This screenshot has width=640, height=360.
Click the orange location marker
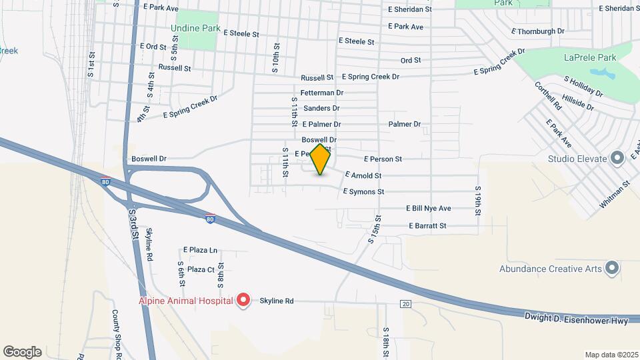pos(321,159)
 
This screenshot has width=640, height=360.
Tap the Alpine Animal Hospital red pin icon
pos(244,301)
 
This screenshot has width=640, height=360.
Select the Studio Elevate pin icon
pos(617,159)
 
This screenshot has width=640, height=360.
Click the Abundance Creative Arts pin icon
pos(612,269)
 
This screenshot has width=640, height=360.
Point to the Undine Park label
pos(195,29)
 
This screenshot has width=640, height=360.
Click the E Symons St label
pos(363,192)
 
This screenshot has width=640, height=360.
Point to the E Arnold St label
pos(363,176)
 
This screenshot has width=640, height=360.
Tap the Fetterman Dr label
pos(322,93)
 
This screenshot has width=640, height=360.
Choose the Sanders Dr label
pos(321,109)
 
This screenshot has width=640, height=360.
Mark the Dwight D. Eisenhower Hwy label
pos(576,321)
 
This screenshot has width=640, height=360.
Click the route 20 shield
pos(406,304)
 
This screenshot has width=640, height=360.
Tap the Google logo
pos(22,352)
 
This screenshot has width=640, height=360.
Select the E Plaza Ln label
pos(201,250)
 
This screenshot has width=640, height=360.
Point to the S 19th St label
pos(478,200)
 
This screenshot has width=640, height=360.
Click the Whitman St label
pos(615,194)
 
